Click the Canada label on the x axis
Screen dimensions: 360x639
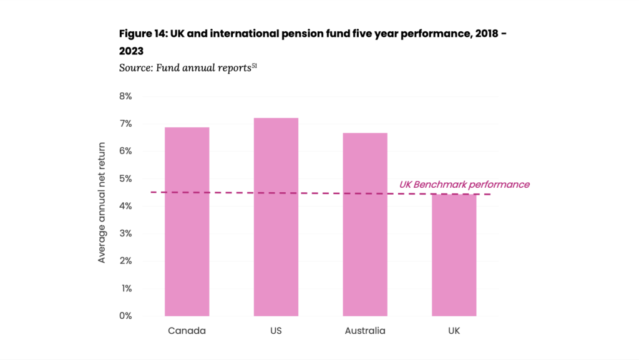tap(187, 331)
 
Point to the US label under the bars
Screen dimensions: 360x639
tap(276, 331)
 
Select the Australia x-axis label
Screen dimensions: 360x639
tap(365, 331)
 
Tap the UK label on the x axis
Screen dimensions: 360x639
tap(454, 331)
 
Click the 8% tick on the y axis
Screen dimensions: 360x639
tap(125, 97)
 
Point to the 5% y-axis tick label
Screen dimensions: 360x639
tap(125, 179)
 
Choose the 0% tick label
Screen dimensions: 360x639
tap(125, 316)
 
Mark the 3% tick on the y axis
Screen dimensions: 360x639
tap(125, 233)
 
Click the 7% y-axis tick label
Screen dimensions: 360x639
tap(125, 124)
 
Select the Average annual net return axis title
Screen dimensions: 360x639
tap(102, 203)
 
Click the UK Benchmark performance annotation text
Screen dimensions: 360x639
tap(464, 185)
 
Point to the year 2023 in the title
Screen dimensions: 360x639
tap(131, 51)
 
